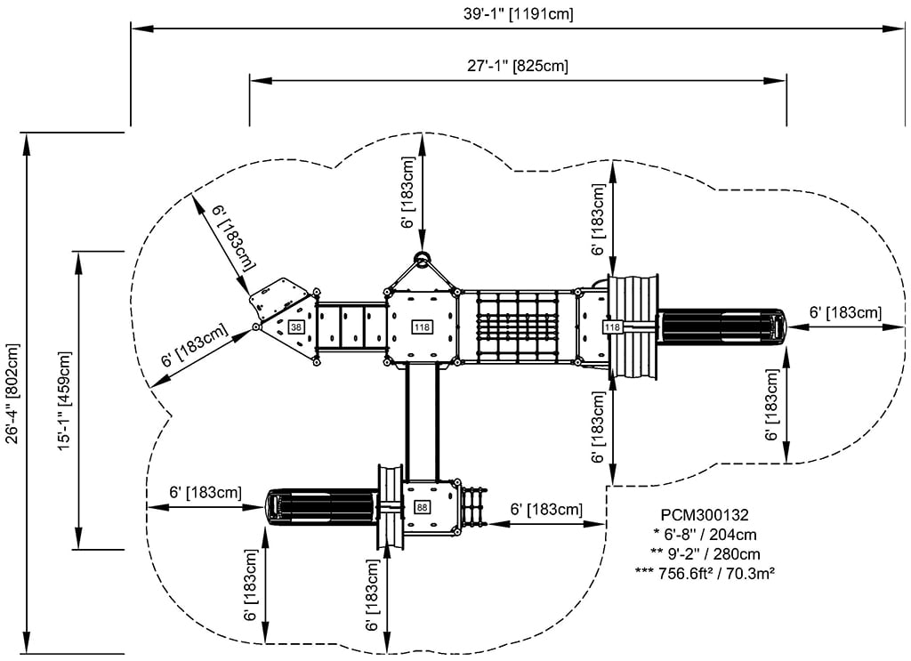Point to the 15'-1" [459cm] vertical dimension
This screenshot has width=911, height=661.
pos(63,400)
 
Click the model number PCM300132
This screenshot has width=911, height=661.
pos(705,515)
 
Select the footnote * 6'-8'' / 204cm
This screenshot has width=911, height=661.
pos(705,535)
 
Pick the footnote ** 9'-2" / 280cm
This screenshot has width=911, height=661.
pos(705,554)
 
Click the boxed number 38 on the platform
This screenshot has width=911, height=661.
pos(295,327)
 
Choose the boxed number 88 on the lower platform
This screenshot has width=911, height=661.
pos(422,507)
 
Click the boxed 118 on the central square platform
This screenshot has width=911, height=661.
pos(422,327)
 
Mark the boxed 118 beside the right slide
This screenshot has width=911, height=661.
pos(612,327)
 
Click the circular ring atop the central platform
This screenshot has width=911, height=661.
pos(422,261)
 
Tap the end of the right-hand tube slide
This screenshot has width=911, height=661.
pos(779,326)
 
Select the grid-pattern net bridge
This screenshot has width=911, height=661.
pos(517,326)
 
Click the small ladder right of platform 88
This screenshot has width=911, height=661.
pos(474,507)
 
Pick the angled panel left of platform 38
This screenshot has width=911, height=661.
pos(280,299)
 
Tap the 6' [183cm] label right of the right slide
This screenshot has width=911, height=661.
pos(845,312)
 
